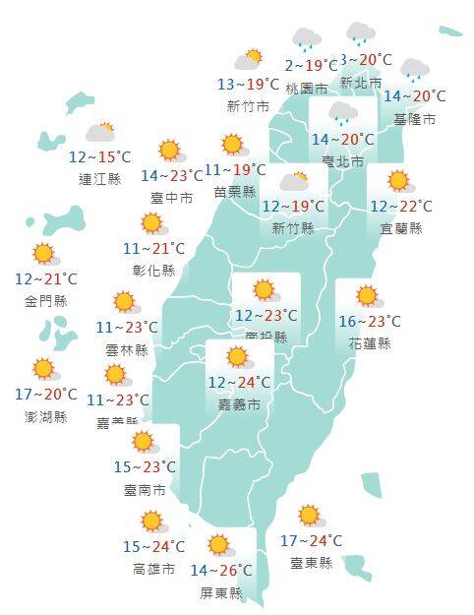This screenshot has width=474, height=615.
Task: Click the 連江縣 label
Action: coord(99,179)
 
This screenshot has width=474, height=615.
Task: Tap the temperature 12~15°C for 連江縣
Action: coord(99,157)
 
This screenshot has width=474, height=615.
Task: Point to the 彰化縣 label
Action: coord(155,270)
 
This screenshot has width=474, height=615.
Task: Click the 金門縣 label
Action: coord(45,302)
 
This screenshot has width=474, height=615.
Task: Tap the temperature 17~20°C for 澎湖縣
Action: coord(46,395)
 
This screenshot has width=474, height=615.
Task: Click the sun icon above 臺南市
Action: coord(145,442)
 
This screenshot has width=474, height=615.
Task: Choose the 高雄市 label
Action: coord(153,569)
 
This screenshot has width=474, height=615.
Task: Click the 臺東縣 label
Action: coord(311,563)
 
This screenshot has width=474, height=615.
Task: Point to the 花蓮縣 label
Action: coord(370,343)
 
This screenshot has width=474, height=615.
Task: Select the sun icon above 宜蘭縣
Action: coord(398,181)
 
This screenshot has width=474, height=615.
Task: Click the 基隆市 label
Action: coord(413,119)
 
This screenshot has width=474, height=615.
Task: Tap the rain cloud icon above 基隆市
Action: coord(414,69)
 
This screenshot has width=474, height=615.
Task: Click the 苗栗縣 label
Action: coord(234,192)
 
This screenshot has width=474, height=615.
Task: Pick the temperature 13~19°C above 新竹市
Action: coord(249,85)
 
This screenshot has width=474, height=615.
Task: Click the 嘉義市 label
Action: coord(240,404)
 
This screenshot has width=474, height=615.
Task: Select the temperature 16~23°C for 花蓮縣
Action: coord(370,322)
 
